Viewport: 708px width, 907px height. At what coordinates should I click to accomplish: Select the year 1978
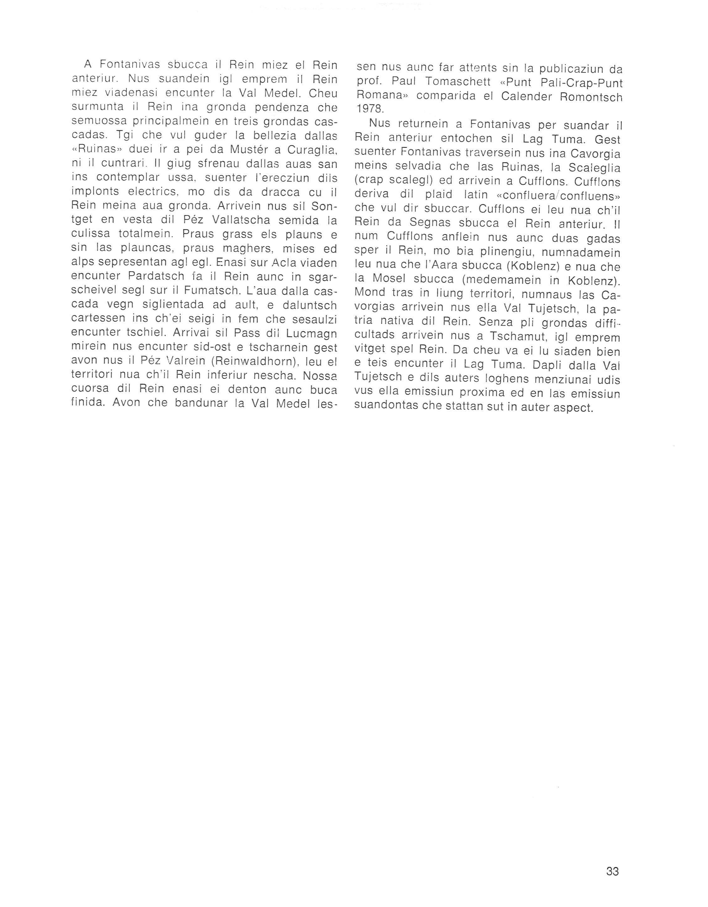(371, 110)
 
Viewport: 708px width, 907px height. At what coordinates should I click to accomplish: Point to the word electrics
(145, 192)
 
